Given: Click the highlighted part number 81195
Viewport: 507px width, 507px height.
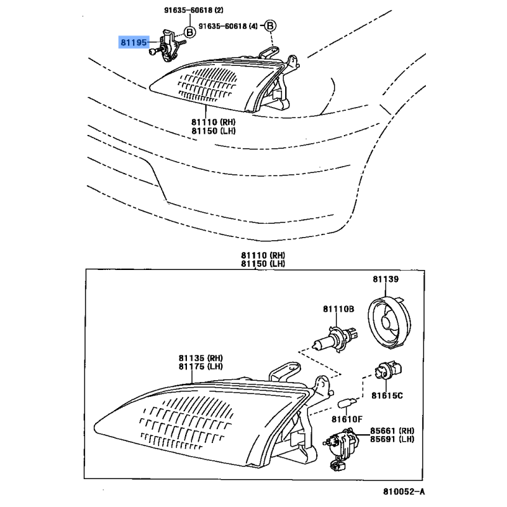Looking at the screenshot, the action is click(x=134, y=42).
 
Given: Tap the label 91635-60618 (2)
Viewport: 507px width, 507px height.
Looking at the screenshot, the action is click(x=194, y=10).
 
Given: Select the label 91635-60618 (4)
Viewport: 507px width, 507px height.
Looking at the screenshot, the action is click(x=228, y=26).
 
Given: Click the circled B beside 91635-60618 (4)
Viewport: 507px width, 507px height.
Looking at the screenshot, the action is click(x=271, y=25).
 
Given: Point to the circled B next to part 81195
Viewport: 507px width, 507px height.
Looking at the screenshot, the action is click(x=189, y=32).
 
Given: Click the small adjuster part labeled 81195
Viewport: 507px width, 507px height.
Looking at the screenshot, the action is click(x=167, y=46).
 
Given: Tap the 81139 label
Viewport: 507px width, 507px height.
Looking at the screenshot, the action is click(x=385, y=279).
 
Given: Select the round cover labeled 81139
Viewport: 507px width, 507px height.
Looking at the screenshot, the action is click(x=389, y=323).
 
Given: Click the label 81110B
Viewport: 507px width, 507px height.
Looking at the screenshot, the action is click(x=338, y=309).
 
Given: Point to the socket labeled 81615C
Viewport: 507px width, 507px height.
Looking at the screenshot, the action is click(x=388, y=370).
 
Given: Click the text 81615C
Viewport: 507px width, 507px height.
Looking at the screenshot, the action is click(x=387, y=395).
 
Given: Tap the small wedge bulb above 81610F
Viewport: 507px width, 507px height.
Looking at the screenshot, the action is click(x=347, y=403).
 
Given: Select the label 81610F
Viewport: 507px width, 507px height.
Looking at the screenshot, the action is click(x=347, y=419).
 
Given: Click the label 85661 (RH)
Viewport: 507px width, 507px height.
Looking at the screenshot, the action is click(x=392, y=431).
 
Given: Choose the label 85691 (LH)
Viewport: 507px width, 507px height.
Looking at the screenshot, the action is click(x=392, y=439).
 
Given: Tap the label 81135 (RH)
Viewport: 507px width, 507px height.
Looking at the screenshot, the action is click(x=201, y=358).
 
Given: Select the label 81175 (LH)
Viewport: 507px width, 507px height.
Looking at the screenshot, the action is click(x=201, y=366).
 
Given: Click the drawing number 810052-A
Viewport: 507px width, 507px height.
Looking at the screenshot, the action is click(x=404, y=492).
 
